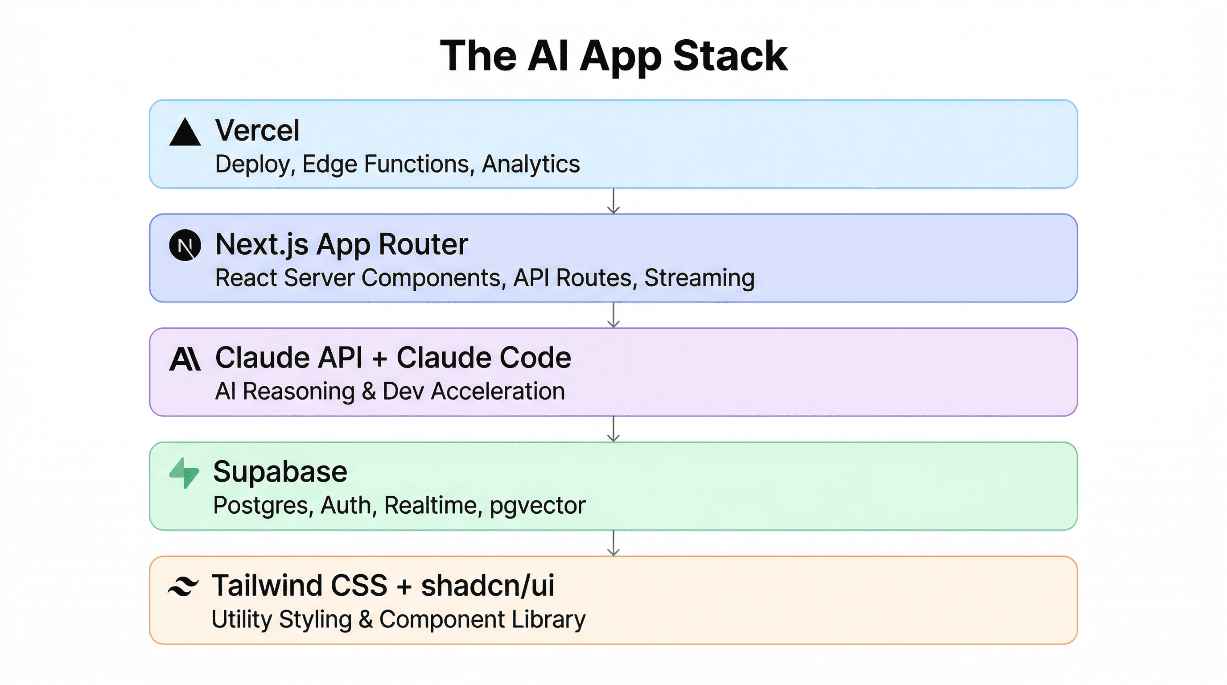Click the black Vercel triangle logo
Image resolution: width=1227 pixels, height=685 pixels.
pyautogui.click(x=185, y=133)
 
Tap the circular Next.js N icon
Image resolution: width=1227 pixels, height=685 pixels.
pyautogui.click(x=185, y=245)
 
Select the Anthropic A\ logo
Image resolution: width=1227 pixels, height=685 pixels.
pyautogui.click(x=185, y=359)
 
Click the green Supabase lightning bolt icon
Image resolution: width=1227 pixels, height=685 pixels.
pyautogui.click(x=184, y=473)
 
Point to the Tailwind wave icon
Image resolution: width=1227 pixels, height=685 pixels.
pyautogui.click(x=183, y=586)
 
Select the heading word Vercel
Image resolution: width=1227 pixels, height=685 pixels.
pyautogui.click(x=257, y=130)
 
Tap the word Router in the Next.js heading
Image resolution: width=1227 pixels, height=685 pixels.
pyautogui.click(x=423, y=244)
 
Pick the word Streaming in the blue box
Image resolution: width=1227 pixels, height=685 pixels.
pyautogui.click(x=699, y=278)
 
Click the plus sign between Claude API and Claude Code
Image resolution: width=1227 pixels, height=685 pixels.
pyautogui.click(x=379, y=358)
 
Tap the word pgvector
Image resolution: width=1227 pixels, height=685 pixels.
pyautogui.click(x=537, y=505)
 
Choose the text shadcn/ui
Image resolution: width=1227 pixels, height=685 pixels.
pyautogui.click(x=488, y=586)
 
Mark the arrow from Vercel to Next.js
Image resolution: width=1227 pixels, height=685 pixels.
pyautogui.click(x=613, y=201)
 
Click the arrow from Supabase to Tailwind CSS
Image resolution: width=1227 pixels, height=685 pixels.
pyautogui.click(x=613, y=543)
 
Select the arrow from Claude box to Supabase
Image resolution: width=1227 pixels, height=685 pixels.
pyautogui.click(x=613, y=429)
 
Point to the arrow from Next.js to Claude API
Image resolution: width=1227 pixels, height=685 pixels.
pyautogui.click(x=613, y=315)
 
